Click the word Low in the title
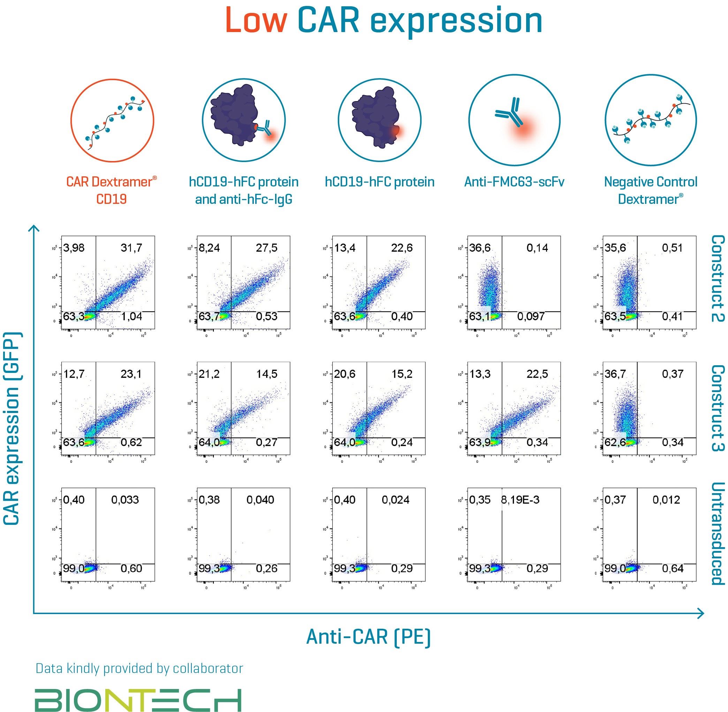(x=256, y=21)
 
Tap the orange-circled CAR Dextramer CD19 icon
(x=112, y=121)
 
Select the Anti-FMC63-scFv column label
(x=514, y=182)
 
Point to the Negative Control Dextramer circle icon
(x=651, y=121)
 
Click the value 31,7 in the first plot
(x=131, y=247)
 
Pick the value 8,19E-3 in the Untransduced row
(x=521, y=500)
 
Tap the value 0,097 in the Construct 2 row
(x=531, y=316)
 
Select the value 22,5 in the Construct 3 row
(x=537, y=374)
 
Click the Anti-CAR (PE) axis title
(x=369, y=636)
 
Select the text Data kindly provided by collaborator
(x=139, y=668)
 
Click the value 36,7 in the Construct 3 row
(x=615, y=374)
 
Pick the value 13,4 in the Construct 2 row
(x=344, y=247)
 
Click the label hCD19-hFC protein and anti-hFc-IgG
(x=244, y=191)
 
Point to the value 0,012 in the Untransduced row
(x=666, y=500)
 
